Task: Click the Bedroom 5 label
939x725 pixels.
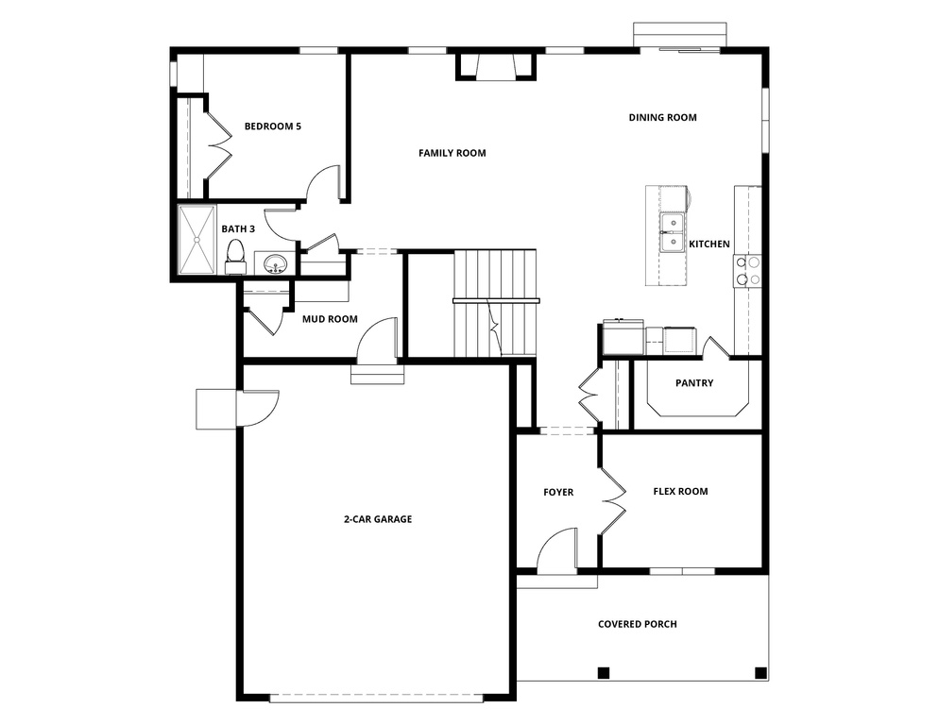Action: (x=272, y=126)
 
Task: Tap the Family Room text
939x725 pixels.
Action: (x=452, y=153)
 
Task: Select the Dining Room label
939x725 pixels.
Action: (x=662, y=118)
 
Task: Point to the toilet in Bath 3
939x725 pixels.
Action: (x=235, y=254)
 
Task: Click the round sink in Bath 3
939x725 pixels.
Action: (x=275, y=262)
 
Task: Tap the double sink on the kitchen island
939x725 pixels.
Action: (x=673, y=233)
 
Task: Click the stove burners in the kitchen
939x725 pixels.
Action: (x=747, y=271)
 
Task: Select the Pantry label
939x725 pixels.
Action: (x=694, y=383)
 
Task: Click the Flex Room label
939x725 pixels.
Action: (x=680, y=491)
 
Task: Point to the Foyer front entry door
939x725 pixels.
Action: (x=557, y=551)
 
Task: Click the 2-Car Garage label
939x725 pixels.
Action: (x=377, y=518)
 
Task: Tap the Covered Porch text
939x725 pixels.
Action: (x=637, y=624)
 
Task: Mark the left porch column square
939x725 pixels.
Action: (x=604, y=673)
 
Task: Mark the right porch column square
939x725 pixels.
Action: (x=760, y=673)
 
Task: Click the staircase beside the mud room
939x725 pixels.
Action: (x=494, y=302)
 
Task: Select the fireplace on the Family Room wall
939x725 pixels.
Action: (x=496, y=66)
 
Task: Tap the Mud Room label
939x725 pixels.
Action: (x=330, y=319)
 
